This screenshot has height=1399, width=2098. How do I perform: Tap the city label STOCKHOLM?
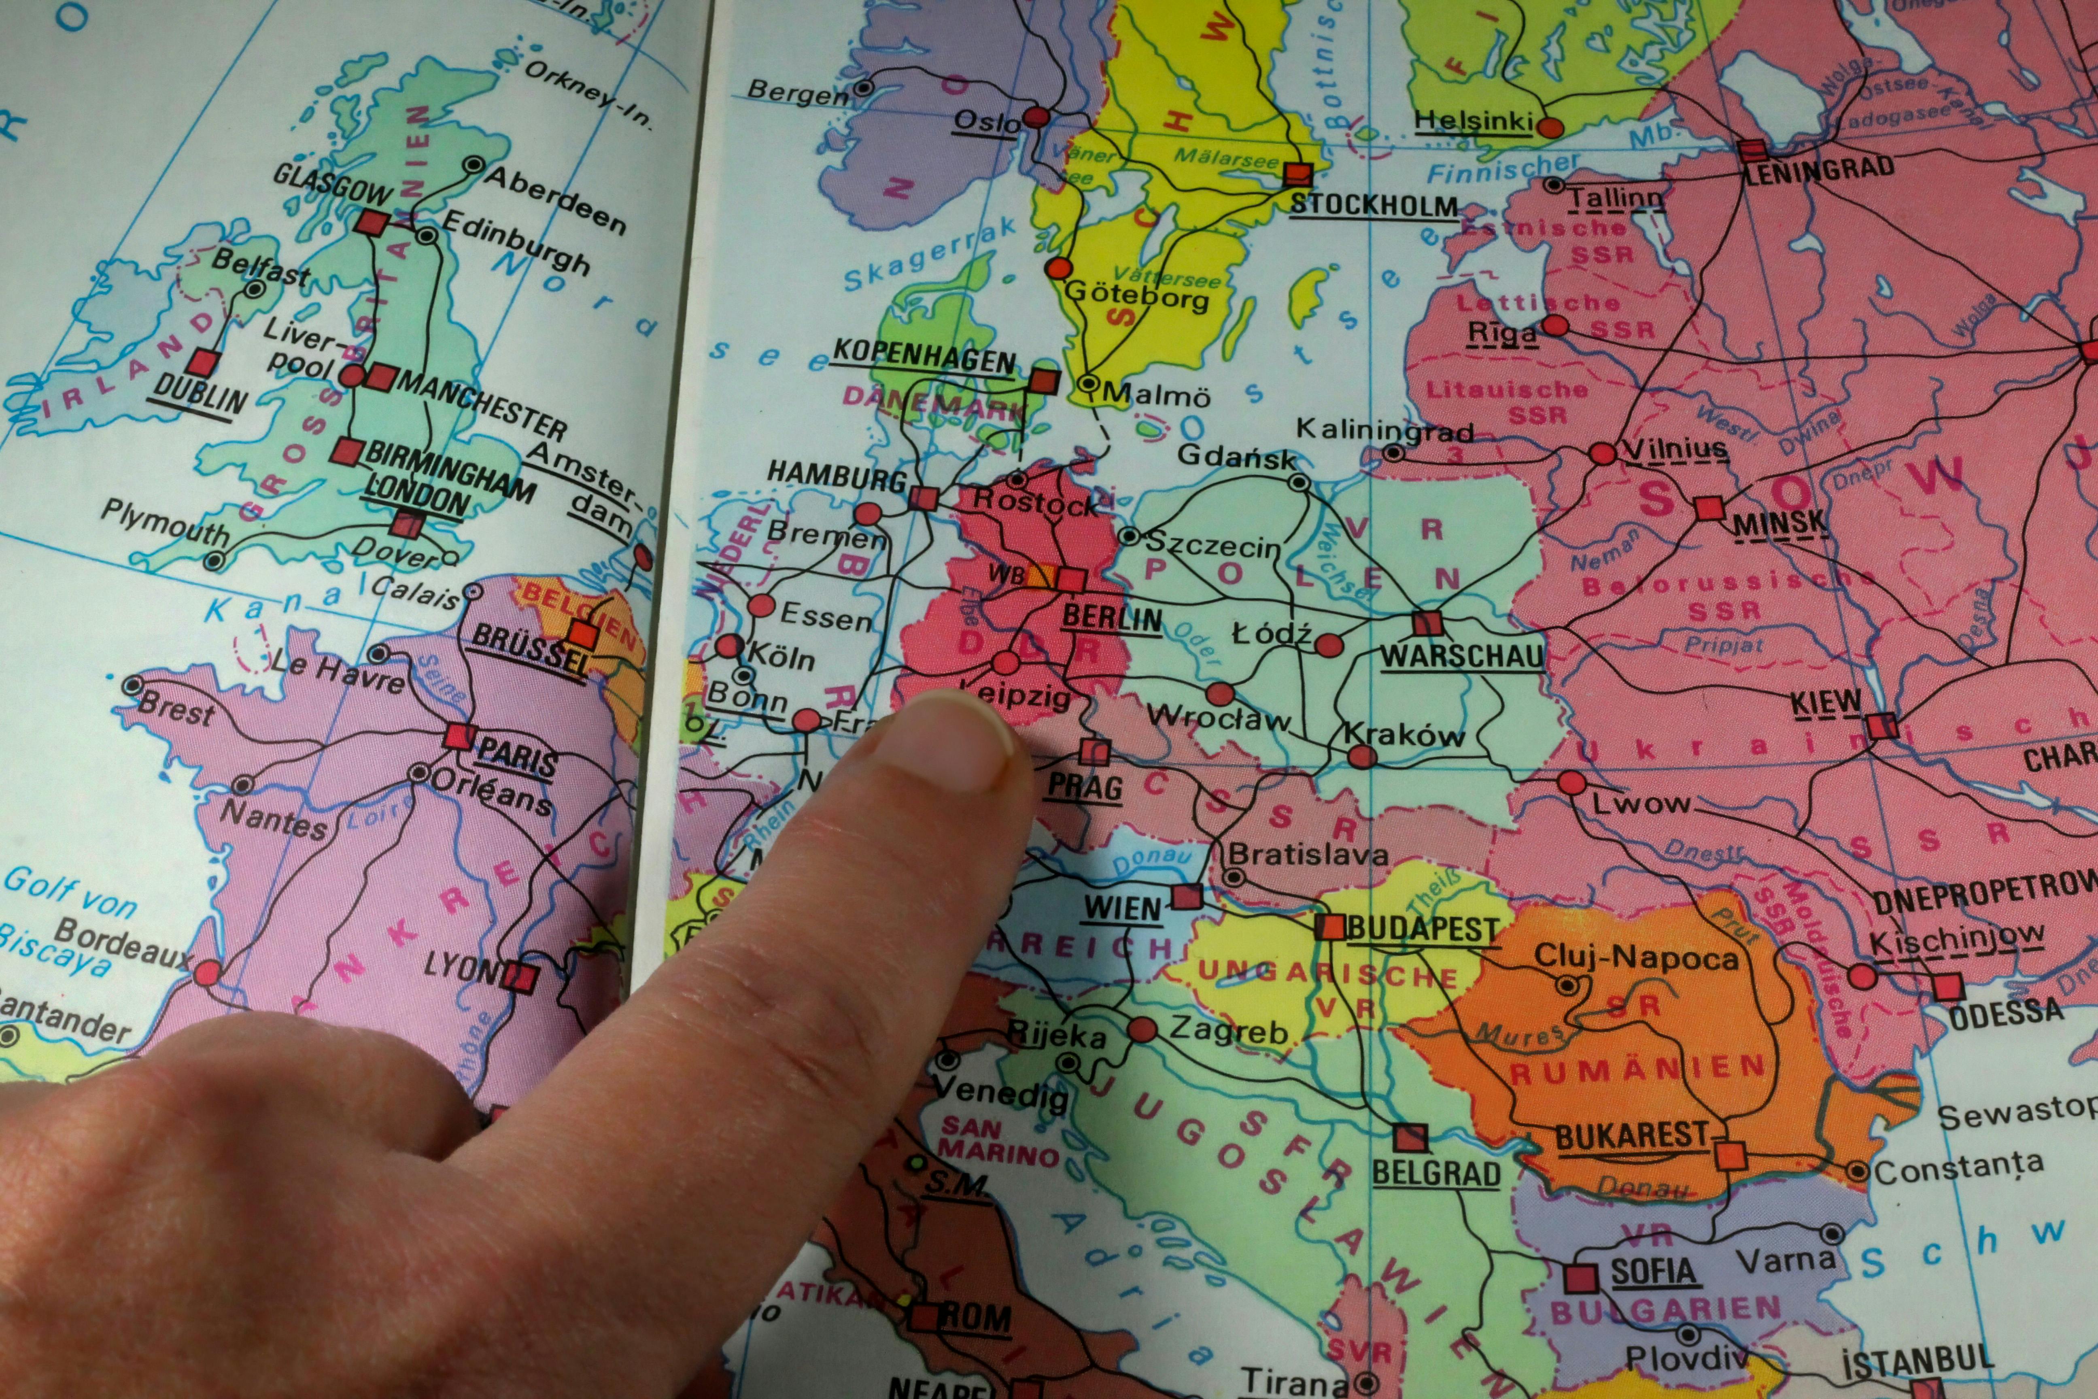tap(1374, 205)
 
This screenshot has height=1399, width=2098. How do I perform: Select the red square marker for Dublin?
tap(204, 362)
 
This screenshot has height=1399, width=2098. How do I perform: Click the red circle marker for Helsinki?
tap(1550, 128)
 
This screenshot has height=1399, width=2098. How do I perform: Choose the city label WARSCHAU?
tap(1461, 657)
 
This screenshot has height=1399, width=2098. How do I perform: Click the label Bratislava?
tap(1308, 855)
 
